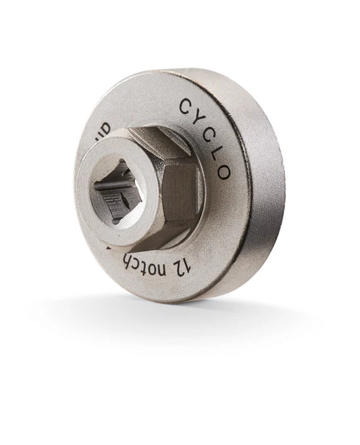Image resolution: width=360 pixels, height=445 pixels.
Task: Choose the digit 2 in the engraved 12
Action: tap(184, 261)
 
